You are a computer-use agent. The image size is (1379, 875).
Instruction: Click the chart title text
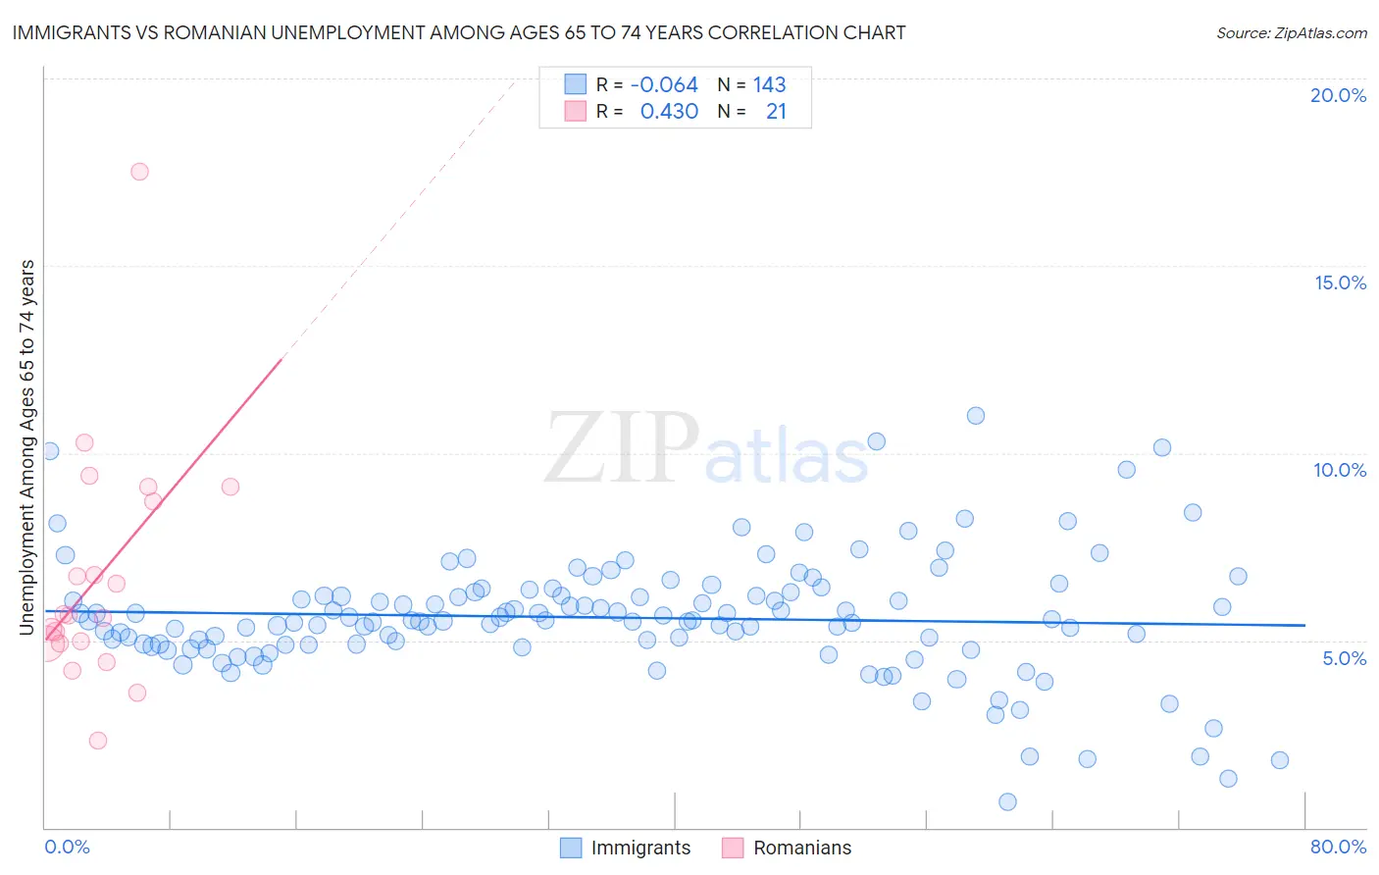pyautogui.click(x=458, y=32)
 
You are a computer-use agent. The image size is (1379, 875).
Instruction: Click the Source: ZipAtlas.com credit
pyautogui.click(x=1291, y=32)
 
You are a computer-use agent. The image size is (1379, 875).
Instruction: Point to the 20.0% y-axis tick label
pyautogui.click(x=1338, y=95)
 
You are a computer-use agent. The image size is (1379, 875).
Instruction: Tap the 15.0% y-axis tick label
pyautogui.click(x=1340, y=283)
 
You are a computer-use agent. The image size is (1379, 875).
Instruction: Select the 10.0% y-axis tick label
pyautogui.click(x=1340, y=470)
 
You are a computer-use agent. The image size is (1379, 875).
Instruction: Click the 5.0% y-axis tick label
pyautogui.click(x=1344, y=658)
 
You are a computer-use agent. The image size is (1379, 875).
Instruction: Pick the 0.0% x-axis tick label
pyautogui.click(x=67, y=847)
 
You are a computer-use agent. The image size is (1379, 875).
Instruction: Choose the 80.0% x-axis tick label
pyautogui.click(x=1338, y=847)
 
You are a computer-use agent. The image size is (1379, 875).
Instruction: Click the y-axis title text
pyautogui.click(x=27, y=446)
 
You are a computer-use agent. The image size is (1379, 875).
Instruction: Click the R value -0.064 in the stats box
pyautogui.click(x=664, y=85)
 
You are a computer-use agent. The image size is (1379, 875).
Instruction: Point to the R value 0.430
pyautogui.click(x=669, y=112)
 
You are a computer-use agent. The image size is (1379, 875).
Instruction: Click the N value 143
pyautogui.click(x=769, y=85)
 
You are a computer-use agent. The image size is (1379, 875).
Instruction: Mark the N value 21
pyautogui.click(x=776, y=112)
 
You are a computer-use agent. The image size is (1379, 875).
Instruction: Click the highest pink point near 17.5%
pyautogui.click(x=139, y=172)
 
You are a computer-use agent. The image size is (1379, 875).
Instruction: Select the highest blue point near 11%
pyautogui.click(x=975, y=416)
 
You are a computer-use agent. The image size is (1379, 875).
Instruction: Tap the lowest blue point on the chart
pyautogui.click(x=1007, y=801)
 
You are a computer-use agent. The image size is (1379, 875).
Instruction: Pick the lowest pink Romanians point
pyautogui.click(x=97, y=741)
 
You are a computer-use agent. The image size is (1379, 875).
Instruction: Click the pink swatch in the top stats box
pyautogui.click(x=575, y=112)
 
